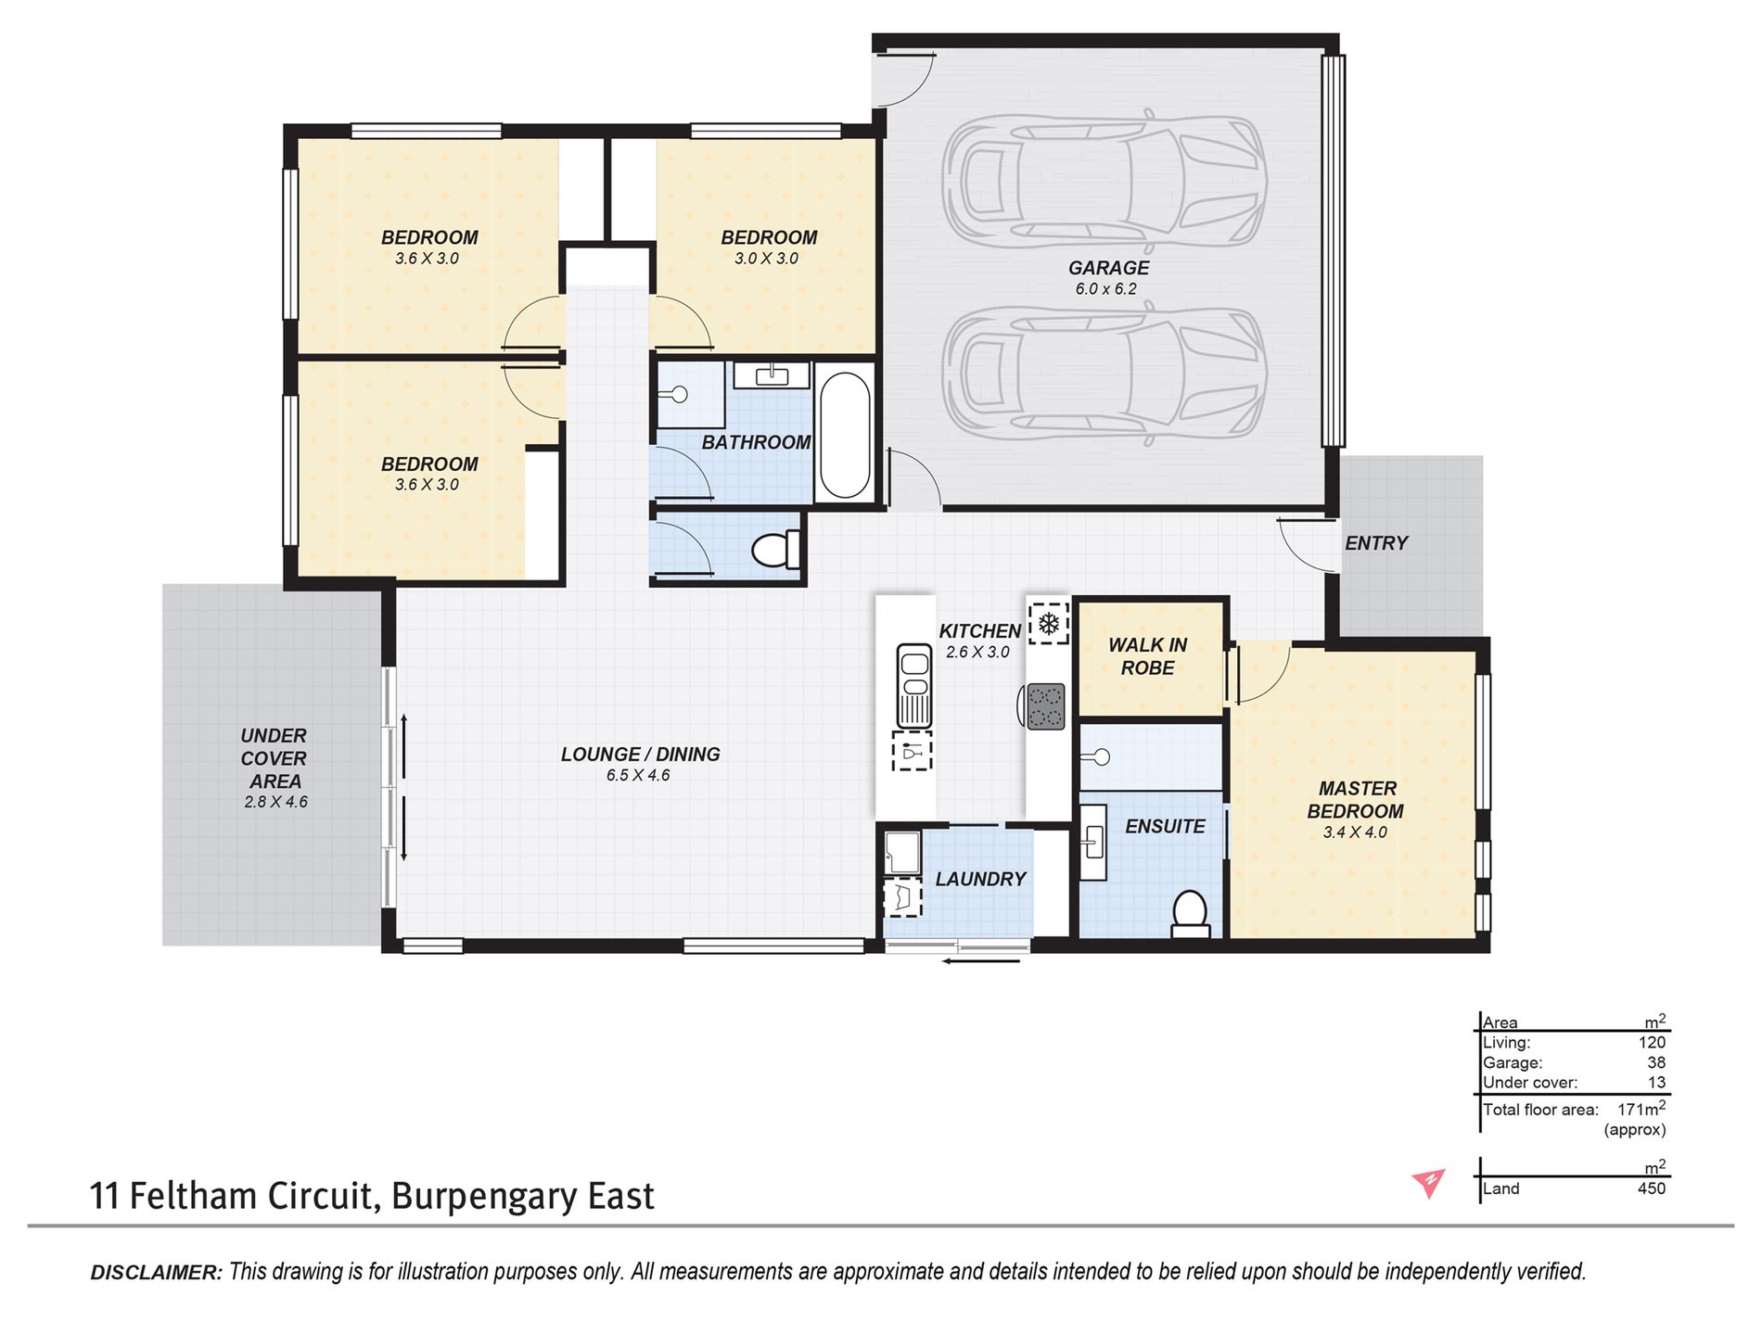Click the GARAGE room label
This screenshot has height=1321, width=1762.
[1108, 268]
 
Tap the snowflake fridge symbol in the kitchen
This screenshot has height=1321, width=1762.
[1048, 624]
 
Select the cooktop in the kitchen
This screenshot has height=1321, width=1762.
[1045, 706]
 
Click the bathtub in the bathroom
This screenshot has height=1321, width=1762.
[845, 436]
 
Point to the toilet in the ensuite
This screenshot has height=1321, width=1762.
[1190, 913]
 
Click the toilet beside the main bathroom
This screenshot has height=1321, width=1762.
[774, 550]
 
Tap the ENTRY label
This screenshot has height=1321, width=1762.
[1376, 543]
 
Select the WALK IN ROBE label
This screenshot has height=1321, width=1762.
[1148, 656]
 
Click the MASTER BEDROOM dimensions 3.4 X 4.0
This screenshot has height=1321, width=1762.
[1355, 832]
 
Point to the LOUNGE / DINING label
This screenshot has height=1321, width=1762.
[641, 755]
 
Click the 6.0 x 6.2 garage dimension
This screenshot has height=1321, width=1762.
[1106, 289]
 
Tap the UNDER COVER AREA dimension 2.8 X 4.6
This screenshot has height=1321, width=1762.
[275, 802]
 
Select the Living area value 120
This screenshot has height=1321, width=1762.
[1652, 1042]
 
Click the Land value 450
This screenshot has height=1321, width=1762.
[1652, 1188]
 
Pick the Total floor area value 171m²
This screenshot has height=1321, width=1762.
[1641, 1108]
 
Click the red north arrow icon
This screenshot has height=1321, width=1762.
[1429, 1183]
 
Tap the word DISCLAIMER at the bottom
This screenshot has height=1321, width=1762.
[157, 1273]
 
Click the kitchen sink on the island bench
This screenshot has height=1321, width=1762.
[914, 686]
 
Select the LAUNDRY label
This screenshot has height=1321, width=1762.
[980, 879]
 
